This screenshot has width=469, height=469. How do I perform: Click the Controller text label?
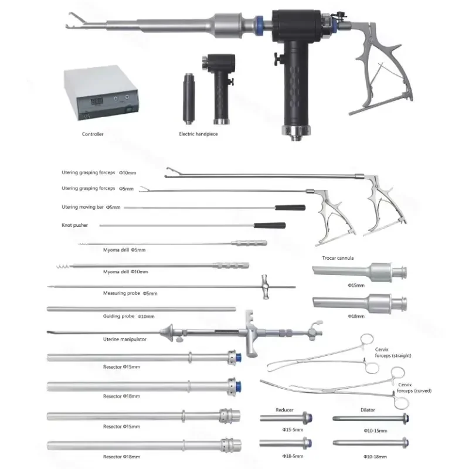(x=93, y=134)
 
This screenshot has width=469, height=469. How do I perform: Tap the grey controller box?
(x=101, y=93)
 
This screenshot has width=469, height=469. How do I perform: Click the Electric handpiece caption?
(x=198, y=134)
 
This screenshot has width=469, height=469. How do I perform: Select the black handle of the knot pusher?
(x=270, y=225)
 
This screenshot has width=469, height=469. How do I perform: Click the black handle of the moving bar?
(x=290, y=208)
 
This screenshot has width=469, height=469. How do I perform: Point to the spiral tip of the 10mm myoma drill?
(x=63, y=266)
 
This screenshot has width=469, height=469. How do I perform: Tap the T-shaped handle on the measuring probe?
(x=265, y=287)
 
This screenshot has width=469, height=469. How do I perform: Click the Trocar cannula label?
(x=338, y=258)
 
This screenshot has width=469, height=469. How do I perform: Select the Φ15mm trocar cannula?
(x=359, y=272)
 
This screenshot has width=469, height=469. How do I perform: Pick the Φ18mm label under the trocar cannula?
(x=356, y=316)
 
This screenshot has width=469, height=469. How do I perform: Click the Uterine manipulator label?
(x=125, y=339)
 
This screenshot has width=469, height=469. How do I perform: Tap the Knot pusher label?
(x=75, y=225)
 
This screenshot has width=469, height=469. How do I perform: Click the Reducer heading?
(x=284, y=410)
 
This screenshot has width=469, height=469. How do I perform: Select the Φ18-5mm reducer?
(x=286, y=443)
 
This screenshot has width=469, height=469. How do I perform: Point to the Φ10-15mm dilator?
(x=371, y=419)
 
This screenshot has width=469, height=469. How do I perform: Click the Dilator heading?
(x=368, y=410)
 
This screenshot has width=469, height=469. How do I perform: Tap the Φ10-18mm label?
(x=375, y=457)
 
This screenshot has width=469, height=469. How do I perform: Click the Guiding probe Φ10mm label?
(x=128, y=316)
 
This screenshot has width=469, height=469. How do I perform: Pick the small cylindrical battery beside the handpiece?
(x=189, y=98)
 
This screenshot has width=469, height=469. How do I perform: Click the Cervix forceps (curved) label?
(x=414, y=388)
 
